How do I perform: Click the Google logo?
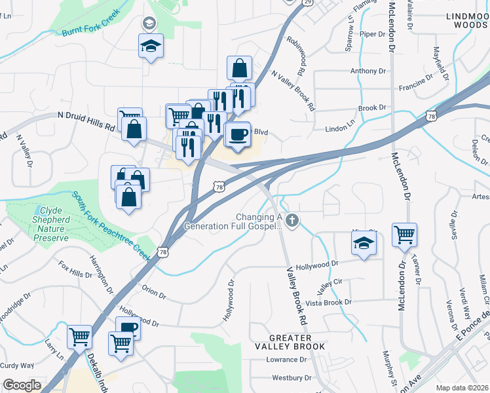pyautogui.click(x=22, y=385)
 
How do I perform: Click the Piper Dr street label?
pyautogui.click(x=373, y=34)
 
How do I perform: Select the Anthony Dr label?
pyautogui.click(x=368, y=71)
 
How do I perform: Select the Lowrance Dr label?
pyautogui.click(x=286, y=360)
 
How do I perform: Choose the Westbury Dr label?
pyautogui.click(x=292, y=377)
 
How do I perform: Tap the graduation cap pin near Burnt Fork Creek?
pyautogui.click(x=151, y=47)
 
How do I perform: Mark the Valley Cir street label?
pyautogui.click(x=330, y=284)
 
